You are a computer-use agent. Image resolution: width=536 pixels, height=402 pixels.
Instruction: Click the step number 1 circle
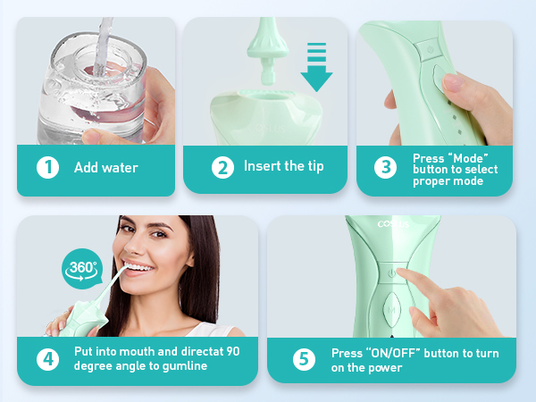click(x=46, y=167)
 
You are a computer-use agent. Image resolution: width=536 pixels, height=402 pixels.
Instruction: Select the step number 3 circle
click(x=385, y=167)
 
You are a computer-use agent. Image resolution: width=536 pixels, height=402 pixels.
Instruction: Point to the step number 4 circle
click(x=46, y=359)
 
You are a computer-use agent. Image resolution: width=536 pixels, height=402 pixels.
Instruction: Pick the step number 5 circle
click(x=306, y=359)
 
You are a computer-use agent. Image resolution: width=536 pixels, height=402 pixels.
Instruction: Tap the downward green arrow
click(x=315, y=64)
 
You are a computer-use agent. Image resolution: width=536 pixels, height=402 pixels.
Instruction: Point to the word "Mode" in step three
click(x=467, y=157)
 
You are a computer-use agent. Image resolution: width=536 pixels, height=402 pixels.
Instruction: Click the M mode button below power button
click(x=389, y=311)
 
